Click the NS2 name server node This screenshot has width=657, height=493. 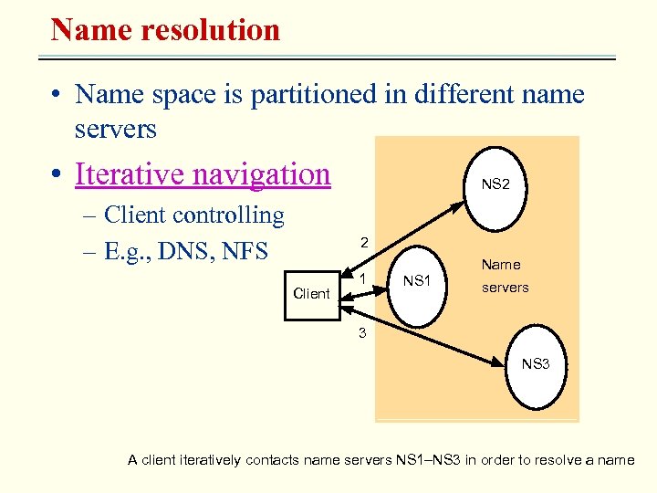[495, 184]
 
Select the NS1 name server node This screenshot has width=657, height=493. [416, 281]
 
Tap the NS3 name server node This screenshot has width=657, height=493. [536, 364]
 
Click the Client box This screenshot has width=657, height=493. [311, 294]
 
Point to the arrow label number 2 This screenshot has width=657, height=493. [363, 243]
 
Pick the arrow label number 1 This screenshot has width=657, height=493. [363, 278]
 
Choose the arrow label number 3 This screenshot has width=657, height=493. [362, 333]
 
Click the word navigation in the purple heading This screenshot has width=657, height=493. [265, 173]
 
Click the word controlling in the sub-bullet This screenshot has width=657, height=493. [228, 215]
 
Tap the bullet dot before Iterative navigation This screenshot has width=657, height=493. [57, 174]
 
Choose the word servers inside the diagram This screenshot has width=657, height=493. [505, 288]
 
